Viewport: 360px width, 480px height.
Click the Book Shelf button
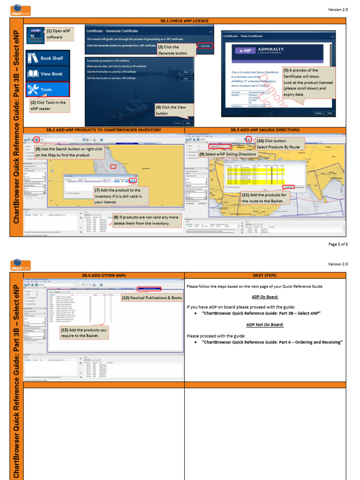pyautogui.click(x=47, y=58)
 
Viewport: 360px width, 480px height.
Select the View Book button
pyautogui.click(x=47, y=74)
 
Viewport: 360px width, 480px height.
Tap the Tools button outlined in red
pyautogui.click(x=47, y=89)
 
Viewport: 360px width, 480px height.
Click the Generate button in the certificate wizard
pyautogui.click(x=205, y=46)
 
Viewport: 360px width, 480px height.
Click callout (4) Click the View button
pyautogui.click(x=171, y=110)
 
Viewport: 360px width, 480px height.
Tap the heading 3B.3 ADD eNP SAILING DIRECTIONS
pyautogui.click(x=265, y=129)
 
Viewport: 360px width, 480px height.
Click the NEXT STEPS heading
pyautogui.click(x=265, y=275)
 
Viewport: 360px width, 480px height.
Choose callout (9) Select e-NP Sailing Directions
pyautogui.click(x=228, y=154)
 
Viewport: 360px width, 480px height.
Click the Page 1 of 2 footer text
pyautogui.click(x=337, y=244)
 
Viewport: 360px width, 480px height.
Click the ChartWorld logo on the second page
pyautogui.click(x=21, y=264)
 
